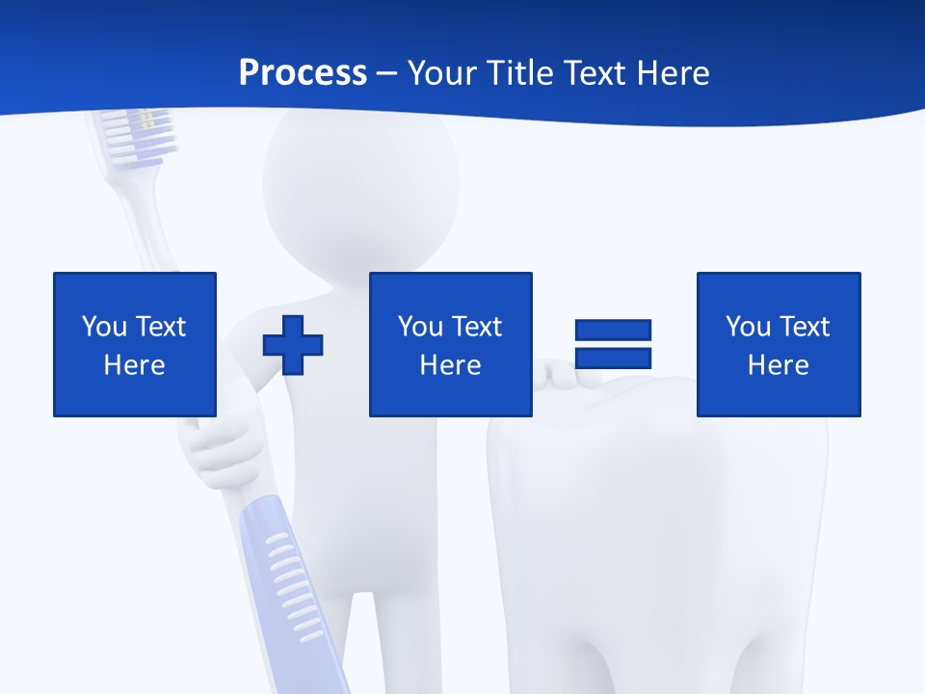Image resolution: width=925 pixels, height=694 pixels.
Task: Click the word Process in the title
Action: [x=303, y=73]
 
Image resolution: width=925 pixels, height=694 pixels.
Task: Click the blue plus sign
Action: [x=293, y=344]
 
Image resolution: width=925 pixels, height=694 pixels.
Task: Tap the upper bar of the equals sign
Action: [x=613, y=331]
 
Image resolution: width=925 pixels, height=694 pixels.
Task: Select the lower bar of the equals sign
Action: [x=613, y=359]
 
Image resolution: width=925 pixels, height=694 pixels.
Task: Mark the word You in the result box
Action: [x=748, y=327]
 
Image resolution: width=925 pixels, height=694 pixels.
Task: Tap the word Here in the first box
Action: [x=134, y=365]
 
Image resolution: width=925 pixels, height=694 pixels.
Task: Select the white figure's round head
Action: [x=360, y=183]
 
